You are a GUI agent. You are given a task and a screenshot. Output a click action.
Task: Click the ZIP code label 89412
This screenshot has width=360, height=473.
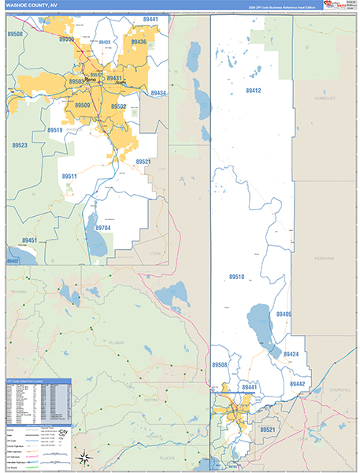coord(253,91)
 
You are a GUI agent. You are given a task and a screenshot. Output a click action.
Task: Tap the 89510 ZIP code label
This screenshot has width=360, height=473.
coord(237,277)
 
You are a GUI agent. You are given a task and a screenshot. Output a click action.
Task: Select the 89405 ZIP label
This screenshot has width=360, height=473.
coord(284,314)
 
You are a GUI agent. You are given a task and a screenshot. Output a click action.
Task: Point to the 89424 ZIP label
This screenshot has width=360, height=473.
coord(291,354)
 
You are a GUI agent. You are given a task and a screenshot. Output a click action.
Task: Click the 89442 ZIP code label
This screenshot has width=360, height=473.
coord(297,383)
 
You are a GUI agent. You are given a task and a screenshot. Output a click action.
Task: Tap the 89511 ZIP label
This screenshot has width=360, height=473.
coord(69,176)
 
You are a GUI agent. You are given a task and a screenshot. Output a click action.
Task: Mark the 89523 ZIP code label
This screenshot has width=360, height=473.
coord(20,145)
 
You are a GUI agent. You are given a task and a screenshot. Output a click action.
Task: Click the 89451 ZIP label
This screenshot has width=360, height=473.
coord(29,240)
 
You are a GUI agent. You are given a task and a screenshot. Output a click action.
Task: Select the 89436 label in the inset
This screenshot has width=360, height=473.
coord(139,42)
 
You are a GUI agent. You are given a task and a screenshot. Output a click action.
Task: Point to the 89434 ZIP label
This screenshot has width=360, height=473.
coord(158,93)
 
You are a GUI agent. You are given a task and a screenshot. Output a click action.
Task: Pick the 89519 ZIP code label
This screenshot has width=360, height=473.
coord(55,130)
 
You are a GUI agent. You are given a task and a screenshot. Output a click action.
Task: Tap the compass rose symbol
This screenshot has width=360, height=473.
coord(85,457)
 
